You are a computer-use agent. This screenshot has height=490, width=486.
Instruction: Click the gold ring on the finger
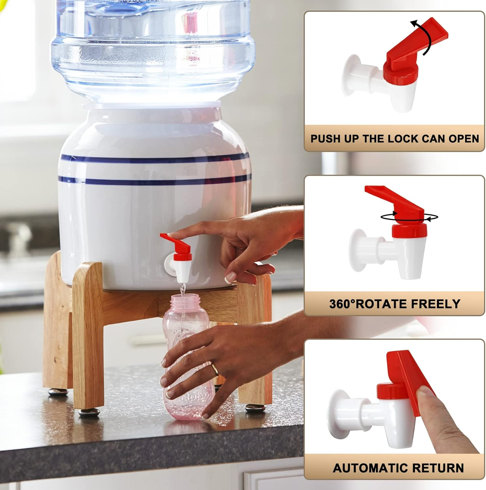point(215,369)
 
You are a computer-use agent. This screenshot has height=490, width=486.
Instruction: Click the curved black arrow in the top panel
point(425,38)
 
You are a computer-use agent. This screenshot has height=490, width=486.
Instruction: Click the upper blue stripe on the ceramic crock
point(154,159)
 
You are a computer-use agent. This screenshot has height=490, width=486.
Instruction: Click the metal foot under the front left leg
point(89,413)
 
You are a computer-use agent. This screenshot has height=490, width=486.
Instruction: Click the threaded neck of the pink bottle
point(183,300)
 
